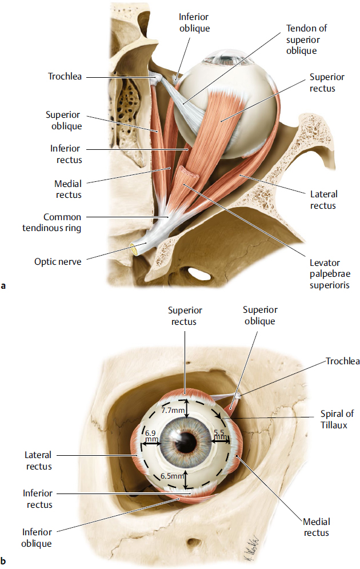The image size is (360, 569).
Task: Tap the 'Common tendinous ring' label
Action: click(x=62, y=222)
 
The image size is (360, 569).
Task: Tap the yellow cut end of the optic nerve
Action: click(x=135, y=249)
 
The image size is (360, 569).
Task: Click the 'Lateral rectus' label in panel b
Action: click(x=38, y=460)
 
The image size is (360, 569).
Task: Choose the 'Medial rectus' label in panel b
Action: click(x=317, y=527)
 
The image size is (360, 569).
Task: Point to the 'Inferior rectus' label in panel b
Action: click(x=38, y=498)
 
